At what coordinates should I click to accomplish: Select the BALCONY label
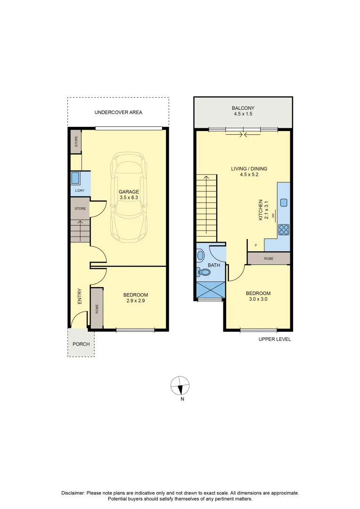click(243, 108)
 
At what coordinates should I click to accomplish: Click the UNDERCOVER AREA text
click(118, 113)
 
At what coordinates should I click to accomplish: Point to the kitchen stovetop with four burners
click(284, 230)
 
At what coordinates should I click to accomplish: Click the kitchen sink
click(284, 203)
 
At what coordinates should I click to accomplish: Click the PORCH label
click(81, 344)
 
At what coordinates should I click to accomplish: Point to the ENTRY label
click(80, 296)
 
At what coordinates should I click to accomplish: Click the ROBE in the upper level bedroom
click(269, 258)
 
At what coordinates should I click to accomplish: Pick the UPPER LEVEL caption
click(275, 339)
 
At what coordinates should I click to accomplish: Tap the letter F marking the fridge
click(256, 246)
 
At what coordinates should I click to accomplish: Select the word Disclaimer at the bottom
click(73, 493)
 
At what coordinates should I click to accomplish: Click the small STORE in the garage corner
click(76, 142)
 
